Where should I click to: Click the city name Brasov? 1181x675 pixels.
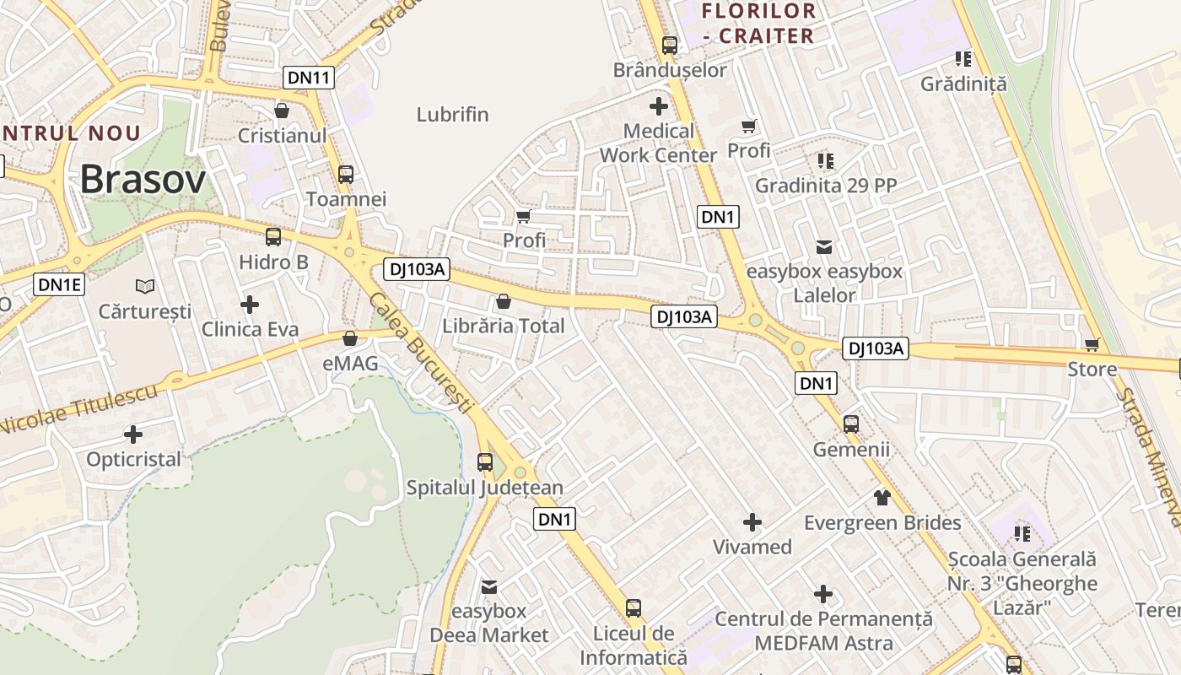pos(143,180)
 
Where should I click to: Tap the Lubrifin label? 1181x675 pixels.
pos(453,115)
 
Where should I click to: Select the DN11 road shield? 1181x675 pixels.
pos(310,78)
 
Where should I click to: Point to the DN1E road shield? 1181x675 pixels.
pos(60,284)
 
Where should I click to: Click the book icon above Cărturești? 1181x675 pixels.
pos(145,287)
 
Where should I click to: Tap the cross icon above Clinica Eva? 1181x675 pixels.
pos(250,305)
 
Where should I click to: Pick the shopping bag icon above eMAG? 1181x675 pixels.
pos(350,339)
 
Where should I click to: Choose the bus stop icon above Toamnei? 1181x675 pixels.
pos(346,175)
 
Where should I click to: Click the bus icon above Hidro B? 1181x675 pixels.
pos(273,237)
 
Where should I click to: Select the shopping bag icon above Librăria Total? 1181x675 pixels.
pos(504,301)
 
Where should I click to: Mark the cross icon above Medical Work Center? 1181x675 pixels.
pos(658,106)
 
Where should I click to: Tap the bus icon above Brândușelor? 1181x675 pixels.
pos(670,46)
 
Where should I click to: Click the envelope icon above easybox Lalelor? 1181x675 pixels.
pos(824,247)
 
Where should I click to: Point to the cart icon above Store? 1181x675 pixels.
pos(1092,344)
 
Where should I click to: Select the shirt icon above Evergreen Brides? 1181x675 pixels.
pos(882,498)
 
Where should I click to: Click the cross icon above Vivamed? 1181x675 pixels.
pos(752,522)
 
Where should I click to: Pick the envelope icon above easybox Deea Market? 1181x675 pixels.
pos(489,586)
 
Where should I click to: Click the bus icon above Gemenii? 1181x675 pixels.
pos(851,424)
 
